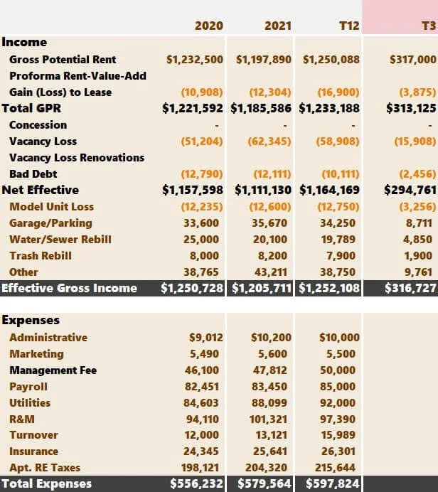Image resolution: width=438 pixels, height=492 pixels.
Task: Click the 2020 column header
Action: pyautogui.click(x=208, y=26)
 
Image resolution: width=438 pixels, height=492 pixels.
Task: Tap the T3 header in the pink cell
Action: pyautogui.click(x=429, y=26)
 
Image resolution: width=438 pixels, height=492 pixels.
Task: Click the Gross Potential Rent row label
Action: pyautogui.click(x=63, y=59)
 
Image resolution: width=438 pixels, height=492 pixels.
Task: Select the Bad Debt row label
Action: pyautogui.click(x=33, y=173)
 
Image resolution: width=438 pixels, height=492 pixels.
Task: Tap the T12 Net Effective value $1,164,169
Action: pyautogui.click(x=329, y=190)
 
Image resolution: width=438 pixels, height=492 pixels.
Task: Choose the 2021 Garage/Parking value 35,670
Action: pyautogui.click(x=271, y=223)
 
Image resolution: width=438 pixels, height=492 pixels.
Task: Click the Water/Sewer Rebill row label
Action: pyautogui.click(x=60, y=239)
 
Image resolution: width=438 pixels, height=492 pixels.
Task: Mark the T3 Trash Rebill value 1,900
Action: pyautogui.click(x=417, y=255)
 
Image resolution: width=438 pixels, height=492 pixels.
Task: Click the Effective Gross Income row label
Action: pyautogui.click(x=69, y=288)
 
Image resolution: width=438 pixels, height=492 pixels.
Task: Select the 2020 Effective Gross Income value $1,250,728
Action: pyautogui.click(x=192, y=288)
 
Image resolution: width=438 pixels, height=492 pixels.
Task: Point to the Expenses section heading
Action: pyautogui.click(x=31, y=320)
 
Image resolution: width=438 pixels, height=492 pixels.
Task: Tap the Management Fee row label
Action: pyautogui.click(x=53, y=370)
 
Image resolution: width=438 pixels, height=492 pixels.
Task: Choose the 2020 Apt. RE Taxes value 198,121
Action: pyautogui.click(x=203, y=467)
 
